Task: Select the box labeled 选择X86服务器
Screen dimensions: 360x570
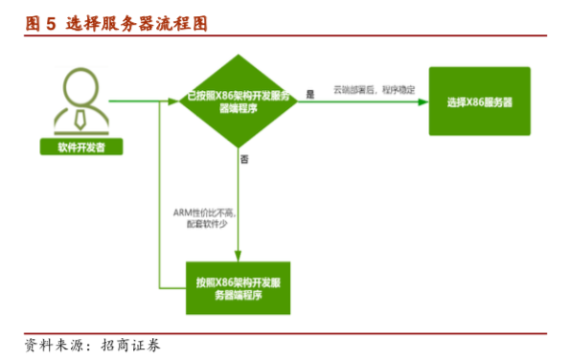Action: (479, 101)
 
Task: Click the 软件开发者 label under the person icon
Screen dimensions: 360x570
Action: (81, 148)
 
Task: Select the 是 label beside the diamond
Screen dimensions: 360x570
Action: (309, 93)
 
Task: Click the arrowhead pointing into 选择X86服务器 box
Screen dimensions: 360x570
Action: (422, 101)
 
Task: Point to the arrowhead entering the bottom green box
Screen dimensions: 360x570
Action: (238, 256)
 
